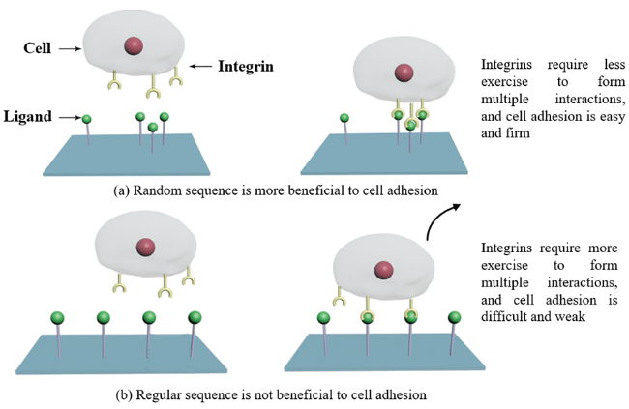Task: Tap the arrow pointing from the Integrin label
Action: (200, 67)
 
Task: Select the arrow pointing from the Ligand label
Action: (70, 118)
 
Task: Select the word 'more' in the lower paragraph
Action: (593, 248)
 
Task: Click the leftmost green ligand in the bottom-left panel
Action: (57, 317)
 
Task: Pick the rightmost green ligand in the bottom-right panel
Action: (453, 317)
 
